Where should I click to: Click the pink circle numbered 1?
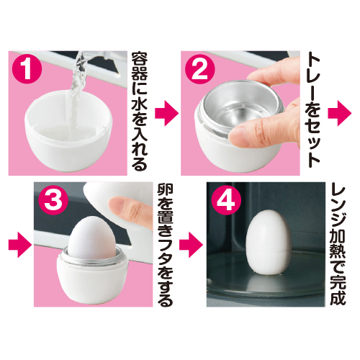pos(27,70)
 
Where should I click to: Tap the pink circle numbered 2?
pos(199,70)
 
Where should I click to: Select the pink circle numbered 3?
pos(53,201)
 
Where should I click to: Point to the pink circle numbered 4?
pos(226,201)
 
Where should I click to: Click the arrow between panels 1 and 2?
pos(167,113)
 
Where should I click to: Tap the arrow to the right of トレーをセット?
pos(340,113)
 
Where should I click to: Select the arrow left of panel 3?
pos(20,245)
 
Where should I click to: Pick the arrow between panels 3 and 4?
pos(192,245)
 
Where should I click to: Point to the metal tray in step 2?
pos(240,106)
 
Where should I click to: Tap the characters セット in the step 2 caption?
pos(312,142)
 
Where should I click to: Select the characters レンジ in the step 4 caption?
pos(338,207)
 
